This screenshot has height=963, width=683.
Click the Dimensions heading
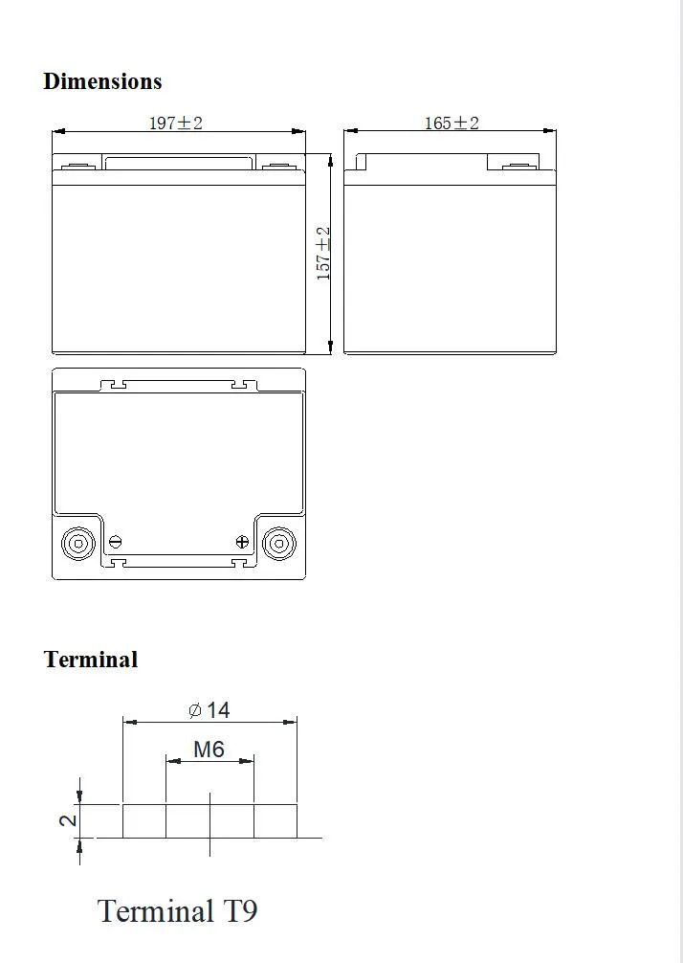(102, 81)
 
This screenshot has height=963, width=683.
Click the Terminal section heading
(91, 660)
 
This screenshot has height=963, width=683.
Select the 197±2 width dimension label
(175, 123)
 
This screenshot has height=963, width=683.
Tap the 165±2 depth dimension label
(451, 123)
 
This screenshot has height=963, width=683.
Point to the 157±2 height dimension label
(323, 253)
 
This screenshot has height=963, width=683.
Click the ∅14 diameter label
(209, 709)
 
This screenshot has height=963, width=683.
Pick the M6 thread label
(209, 749)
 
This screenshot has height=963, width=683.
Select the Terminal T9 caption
(178, 909)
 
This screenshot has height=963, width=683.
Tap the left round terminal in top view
(78, 544)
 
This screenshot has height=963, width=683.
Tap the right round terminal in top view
(278, 544)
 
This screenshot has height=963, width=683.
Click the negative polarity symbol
(116, 542)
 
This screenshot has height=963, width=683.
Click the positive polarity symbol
(241, 542)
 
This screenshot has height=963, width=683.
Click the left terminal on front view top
(78, 168)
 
